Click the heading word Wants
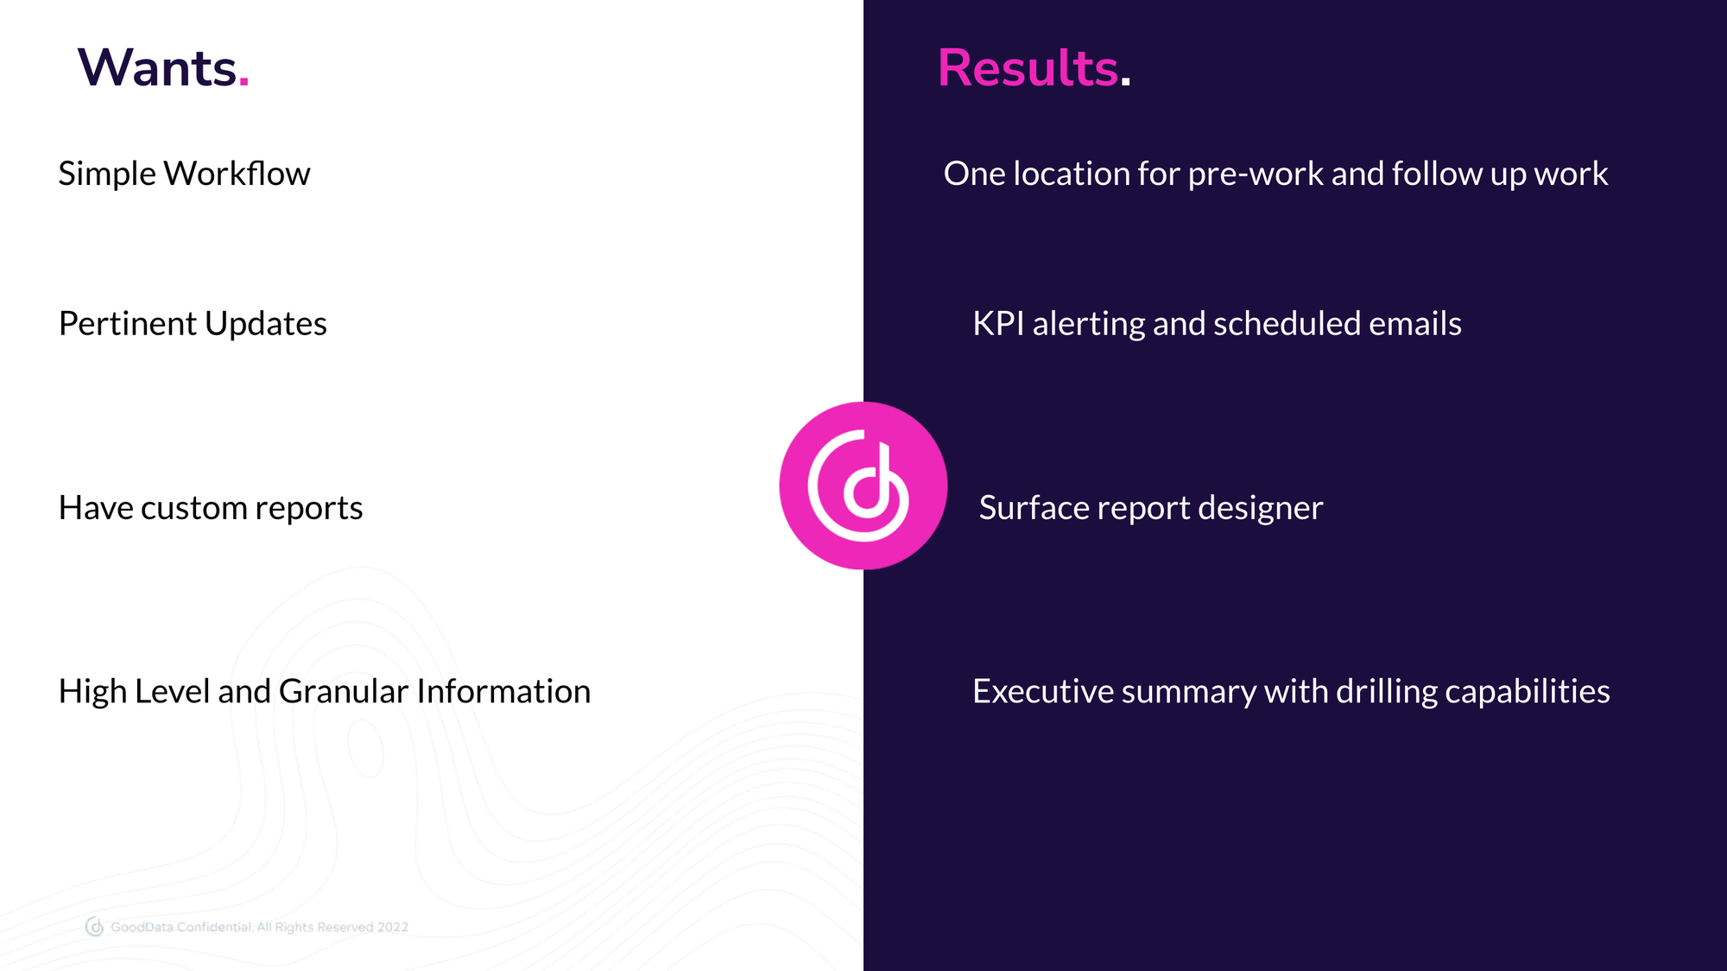(156, 68)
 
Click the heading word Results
(1028, 68)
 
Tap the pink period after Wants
(244, 83)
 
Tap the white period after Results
(1125, 83)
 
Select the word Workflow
(237, 174)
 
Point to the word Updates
(266, 324)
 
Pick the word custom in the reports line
(194, 508)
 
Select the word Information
(503, 692)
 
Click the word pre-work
(1256, 175)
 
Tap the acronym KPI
(998, 324)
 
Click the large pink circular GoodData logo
(863, 485)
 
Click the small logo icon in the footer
(95, 927)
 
